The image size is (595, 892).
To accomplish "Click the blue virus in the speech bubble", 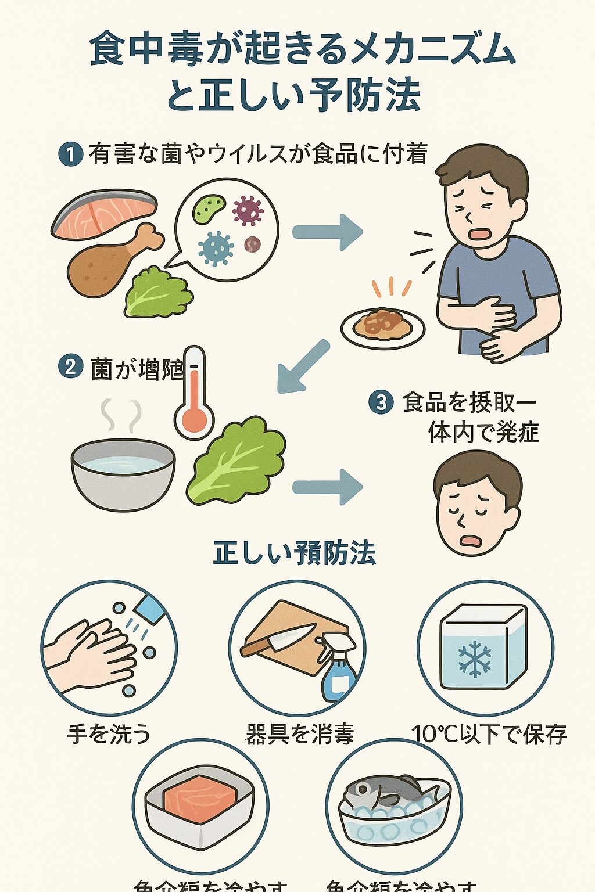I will [216, 247].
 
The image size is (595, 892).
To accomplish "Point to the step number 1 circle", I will [70, 155].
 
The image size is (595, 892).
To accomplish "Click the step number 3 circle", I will [381, 402].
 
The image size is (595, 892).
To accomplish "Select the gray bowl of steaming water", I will [123, 474].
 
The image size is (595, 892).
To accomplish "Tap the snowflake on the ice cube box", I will [474, 659].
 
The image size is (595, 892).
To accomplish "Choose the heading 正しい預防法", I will [295, 553].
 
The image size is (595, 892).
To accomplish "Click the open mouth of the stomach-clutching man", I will [480, 233].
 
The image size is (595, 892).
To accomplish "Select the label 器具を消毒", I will [300, 734].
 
